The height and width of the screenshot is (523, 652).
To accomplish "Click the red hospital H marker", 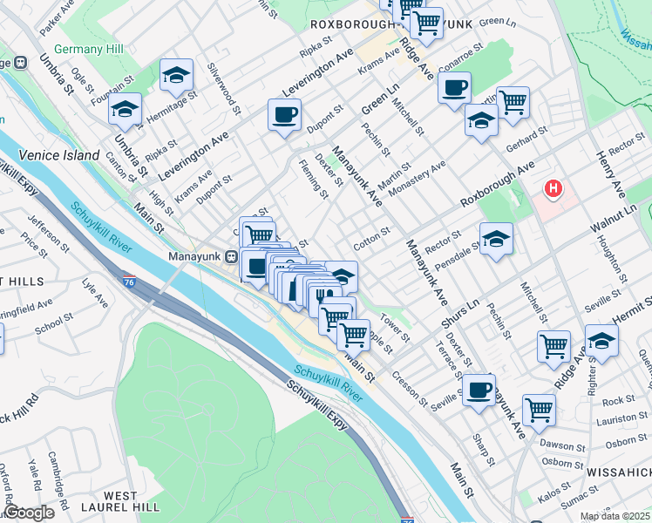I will [x=553, y=187].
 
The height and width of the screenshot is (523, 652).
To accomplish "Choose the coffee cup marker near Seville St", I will [x=478, y=390].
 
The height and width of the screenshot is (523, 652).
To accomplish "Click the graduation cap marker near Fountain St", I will [x=126, y=109].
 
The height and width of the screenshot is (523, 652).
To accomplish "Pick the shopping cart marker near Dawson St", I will [x=540, y=408].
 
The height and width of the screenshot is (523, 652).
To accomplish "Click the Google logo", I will [x=30, y=513].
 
